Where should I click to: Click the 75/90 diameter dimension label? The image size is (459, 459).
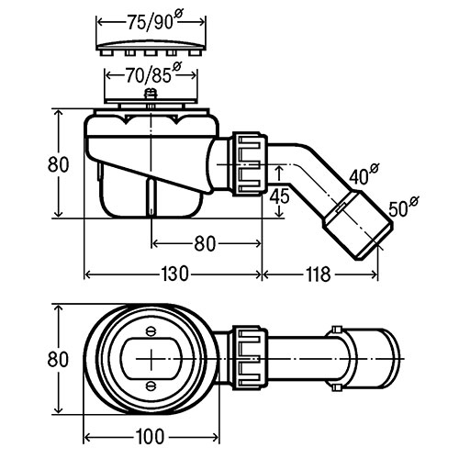pyautogui.click(x=154, y=21)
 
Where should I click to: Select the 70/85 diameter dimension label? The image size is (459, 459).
pyautogui.click(x=153, y=73)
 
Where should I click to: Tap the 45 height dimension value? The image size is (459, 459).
pyautogui.click(x=279, y=196)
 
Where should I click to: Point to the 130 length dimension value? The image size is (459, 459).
pyautogui.click(x=174, y=274)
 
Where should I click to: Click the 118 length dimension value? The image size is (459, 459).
pyautogui.click(x=319, y=274)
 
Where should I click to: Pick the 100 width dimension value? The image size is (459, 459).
pyautogui.click(x=151, y=437)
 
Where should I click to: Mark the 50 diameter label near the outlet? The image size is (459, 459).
pyautogui.click(x=403, y=206)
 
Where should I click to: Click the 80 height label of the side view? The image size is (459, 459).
pyautogui.click(x=58, y=164)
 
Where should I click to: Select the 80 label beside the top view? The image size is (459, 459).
pyautogui.click(x=58, y=359)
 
